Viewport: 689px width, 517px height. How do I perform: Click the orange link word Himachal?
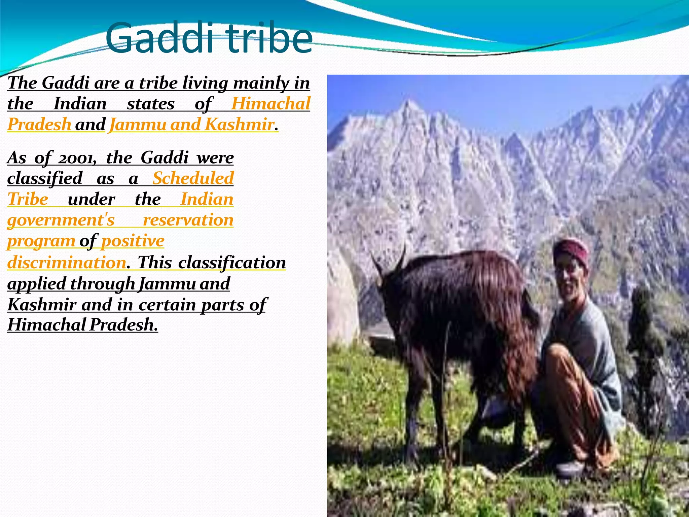tap(270, 104)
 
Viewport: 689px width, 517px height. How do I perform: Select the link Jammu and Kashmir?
tap(192, 125)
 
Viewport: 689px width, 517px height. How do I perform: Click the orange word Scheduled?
tap(193, 178)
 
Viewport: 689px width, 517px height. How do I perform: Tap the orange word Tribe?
tap(28, 199)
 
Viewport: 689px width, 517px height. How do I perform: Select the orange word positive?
tap(133, 241)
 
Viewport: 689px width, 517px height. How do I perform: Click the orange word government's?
tap(61, 220)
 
